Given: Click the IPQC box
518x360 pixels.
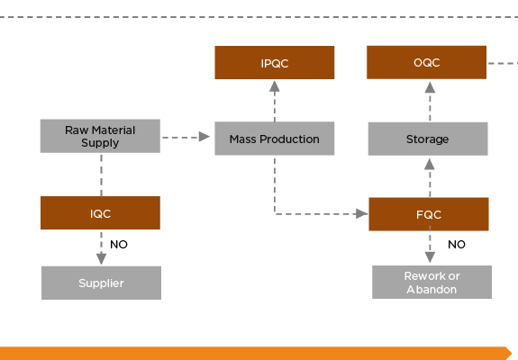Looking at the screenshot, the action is tap(275, 63).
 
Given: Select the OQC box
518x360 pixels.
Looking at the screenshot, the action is tap(426, 62).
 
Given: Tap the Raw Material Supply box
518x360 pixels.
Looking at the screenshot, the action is tap(100, 136).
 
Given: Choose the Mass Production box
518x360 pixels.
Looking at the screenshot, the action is tap(275, 139).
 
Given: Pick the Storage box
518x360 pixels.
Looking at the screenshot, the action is tap(428, 139).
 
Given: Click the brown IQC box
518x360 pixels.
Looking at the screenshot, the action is tap(100, 212).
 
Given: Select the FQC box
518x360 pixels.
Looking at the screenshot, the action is tap(429, 214).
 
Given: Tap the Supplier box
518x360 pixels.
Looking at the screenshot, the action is tap(102, 283).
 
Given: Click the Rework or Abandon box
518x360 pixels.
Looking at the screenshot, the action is tap(432, 282).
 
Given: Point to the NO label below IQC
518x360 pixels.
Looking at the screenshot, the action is tap(119, 245).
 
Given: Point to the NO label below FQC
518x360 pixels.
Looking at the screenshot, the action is tap(457, 245).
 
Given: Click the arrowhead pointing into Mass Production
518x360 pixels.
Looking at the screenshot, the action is tap(204, 137).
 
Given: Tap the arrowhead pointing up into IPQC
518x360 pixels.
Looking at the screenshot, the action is tap(275, 86).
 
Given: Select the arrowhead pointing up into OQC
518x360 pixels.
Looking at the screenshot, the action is tap(430, 87).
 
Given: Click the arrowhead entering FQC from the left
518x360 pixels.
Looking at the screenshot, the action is tap(362, 214).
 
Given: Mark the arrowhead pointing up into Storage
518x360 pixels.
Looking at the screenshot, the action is tap(430, 165).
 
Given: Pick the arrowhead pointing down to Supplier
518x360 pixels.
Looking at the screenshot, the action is tap(102, 259).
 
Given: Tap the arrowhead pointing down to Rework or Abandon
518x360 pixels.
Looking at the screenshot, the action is tap(430, 257).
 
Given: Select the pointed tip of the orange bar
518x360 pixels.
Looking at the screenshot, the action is tap(512, 353).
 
